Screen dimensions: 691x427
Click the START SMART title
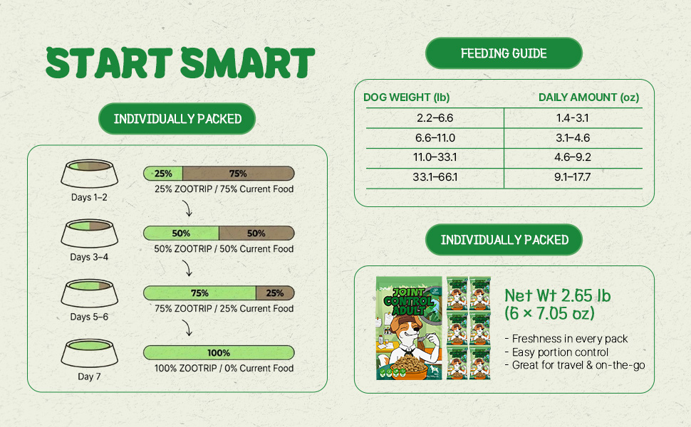click(x=180, y=63)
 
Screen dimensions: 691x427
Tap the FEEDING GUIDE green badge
click(x=504, y=53)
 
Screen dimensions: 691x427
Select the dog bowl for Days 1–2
click(x=90, y=173)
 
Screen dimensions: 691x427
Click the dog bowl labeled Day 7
click(x=90, y=352)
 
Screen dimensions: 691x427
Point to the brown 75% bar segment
click(x=238, y=174)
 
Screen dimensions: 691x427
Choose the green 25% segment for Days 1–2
click(x=163, y=174)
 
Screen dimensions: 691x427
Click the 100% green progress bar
click(x=219, y=352)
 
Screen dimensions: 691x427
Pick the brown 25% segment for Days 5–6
click(x=274, y=293)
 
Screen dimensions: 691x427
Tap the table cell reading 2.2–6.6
click(x=435, y=118)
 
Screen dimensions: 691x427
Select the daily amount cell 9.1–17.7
click(x=573, y=177)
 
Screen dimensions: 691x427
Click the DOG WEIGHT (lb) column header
click(x=406, y=97)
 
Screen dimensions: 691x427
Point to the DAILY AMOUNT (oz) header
click(x=588, y=97)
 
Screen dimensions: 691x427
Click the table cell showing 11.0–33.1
click(x=435, y=157)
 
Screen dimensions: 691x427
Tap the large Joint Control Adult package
click(x=409, y=328)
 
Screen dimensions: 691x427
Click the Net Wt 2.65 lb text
click(x=558, y=295)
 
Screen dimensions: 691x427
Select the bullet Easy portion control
click(x=556, y=352)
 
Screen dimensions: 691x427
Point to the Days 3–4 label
click(x=89, y=257)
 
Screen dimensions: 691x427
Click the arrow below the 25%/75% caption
click(x=188, y=209)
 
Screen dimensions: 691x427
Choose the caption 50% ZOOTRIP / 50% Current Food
click(x=224, y=248)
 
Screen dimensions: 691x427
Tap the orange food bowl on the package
click(x=407, y=367)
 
